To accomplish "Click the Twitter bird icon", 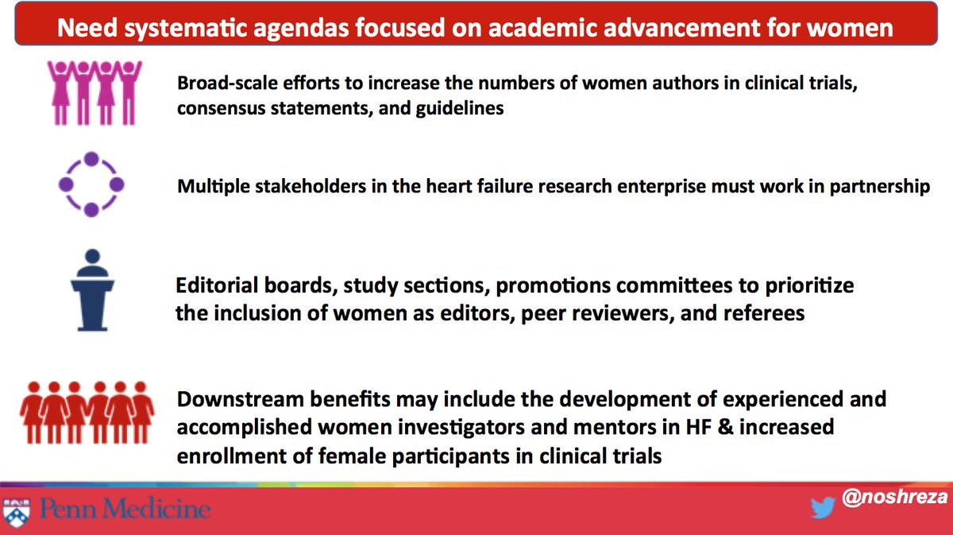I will (821, 508).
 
